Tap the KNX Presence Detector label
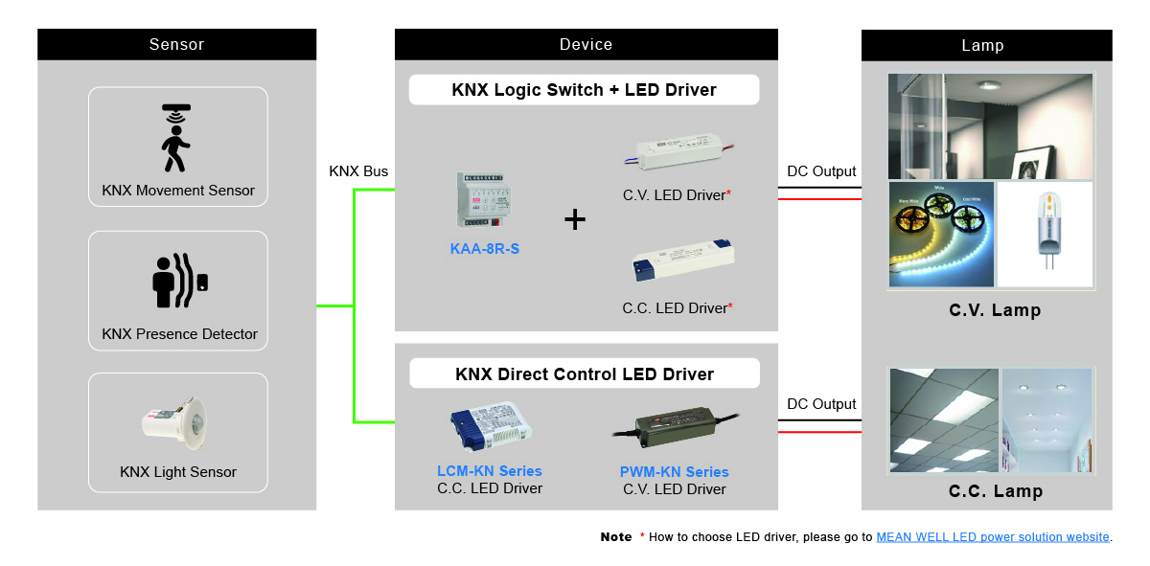tap(179, 334)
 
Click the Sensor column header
tap(176, 44)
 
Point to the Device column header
tap(586, 44)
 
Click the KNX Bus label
tap(358, 171)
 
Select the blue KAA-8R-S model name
tap(485, 249)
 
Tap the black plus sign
tap(575, 220)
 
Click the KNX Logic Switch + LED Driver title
tap(584, 90)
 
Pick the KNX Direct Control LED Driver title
tap(585, 374)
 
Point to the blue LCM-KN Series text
tap(490, 471)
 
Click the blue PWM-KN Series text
tap(675, 472)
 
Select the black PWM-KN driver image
tap(675, 430)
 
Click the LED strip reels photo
tap(941, 235)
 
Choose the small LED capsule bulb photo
tap(1045, 235)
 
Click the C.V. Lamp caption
tap(995, 310)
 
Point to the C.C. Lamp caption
tap(996, 491)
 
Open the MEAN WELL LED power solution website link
tap(993, 537)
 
